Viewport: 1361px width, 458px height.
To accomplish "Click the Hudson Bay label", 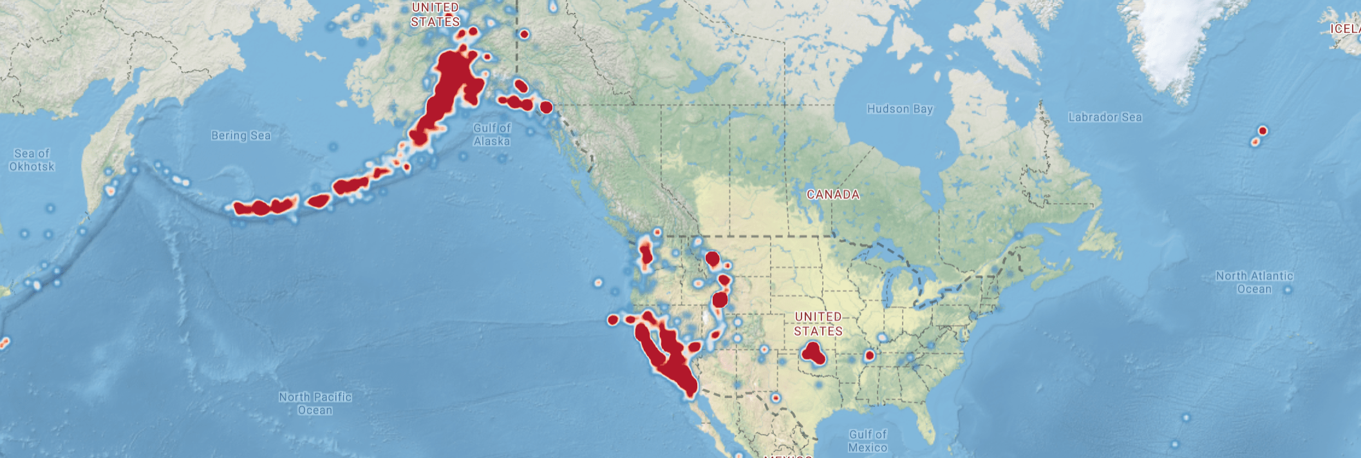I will [x=899, y=109].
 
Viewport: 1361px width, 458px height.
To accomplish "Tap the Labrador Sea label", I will [x=1105, y=117].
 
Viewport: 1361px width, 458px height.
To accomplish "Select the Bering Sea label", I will [x=241, y=135].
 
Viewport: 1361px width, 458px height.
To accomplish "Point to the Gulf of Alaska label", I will [x=492, y=135].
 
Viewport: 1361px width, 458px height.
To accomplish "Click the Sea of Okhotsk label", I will [x=32, y=160].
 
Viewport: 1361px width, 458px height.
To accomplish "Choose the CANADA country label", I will [x=833, y=195].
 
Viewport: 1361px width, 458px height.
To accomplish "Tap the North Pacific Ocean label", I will [x=315, y=403].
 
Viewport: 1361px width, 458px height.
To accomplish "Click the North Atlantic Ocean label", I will [x=1254, y=282].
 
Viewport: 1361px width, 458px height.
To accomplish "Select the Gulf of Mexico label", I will [x=867, y=441].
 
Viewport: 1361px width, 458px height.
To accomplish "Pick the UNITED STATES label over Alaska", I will [x=436, y=14].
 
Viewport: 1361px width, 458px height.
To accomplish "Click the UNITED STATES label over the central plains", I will [x=818, y=323].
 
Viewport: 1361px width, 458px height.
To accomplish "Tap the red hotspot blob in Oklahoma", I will [x=813, y=353].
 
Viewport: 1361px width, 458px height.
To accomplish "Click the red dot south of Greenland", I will [x=1262, y=131].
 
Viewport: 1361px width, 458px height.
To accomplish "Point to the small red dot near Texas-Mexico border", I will [x=776, y=398].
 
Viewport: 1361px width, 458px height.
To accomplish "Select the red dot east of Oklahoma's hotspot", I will [x=870, y=356].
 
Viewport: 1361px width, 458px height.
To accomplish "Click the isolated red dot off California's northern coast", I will [x=613, y=320].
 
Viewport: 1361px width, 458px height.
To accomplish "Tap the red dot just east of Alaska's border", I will [x=524, y=34].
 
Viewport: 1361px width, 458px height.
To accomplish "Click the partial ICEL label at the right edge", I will [x=1346, y=29].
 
